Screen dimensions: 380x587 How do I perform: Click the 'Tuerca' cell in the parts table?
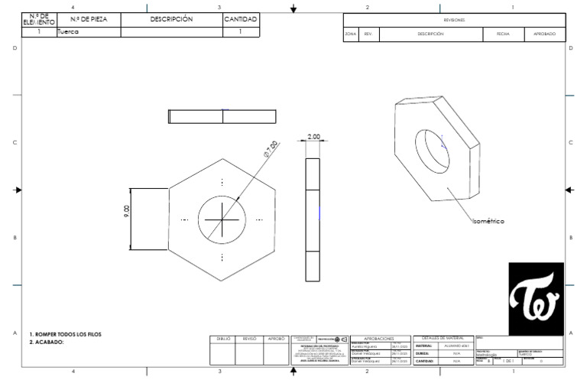(x=69, y=32)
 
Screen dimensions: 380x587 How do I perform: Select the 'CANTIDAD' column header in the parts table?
(x=241, y=19)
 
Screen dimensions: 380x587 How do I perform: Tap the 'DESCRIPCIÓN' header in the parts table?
(x=171, y=19)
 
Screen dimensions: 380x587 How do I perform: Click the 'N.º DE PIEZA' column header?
(x=88, y=19)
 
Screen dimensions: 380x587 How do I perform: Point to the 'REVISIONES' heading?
(x=454, y=20)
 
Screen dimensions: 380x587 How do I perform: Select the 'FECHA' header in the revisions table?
(x=503, y=34)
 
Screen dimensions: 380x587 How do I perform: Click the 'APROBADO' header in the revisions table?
(x=544, y=34)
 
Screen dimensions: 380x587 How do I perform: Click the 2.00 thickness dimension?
(x=313, y=136)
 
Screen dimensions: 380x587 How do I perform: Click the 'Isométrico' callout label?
(x=488, y=221)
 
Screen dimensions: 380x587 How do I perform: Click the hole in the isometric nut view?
(x=431, y=148)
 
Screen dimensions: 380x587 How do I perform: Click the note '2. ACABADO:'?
(x=47, y=343)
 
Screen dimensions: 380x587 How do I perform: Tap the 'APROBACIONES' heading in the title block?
(x=379, y=338)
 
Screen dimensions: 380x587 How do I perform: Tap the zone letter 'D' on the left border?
(x=15, y=48)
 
